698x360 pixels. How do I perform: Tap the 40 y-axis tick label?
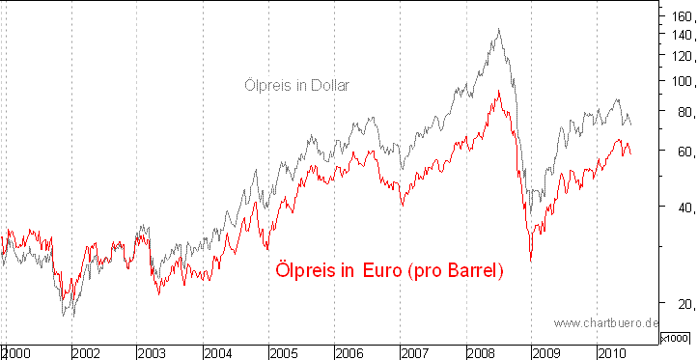tap(682, 208)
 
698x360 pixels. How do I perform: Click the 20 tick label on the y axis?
tap(682, 304)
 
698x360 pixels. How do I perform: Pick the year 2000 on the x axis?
tap(18, 352)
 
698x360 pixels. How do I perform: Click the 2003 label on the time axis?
tap(151, 352)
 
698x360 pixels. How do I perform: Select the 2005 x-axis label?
tap(283, 352)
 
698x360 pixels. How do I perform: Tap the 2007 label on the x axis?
tap(415, 352)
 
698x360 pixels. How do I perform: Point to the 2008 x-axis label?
tap(481, 352)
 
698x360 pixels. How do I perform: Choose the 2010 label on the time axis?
tap(613, 352)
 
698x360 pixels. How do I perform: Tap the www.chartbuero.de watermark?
tap(605, 322)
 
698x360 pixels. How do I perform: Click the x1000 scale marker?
tap(674, 337)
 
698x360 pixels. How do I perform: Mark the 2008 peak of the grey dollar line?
tap(498, 29)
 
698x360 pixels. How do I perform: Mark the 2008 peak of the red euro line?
tap(498, 91)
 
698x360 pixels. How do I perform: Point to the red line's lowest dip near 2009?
tap(530, 260)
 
